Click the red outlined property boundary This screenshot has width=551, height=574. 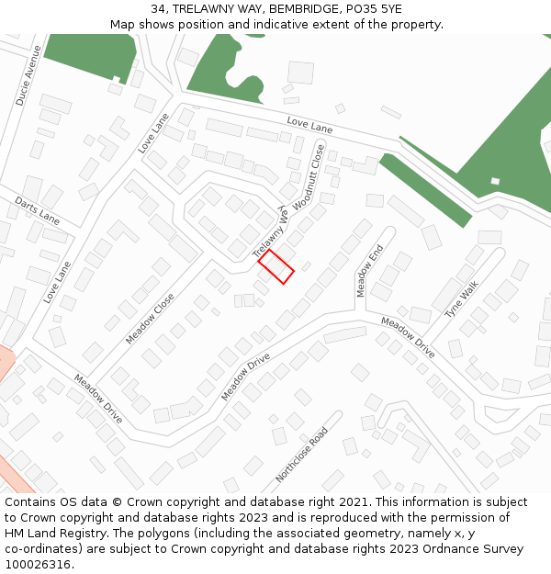[275, 266]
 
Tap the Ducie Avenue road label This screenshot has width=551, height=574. [29, 75]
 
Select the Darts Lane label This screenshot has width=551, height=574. [37, 210]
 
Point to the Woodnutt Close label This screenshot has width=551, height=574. [309, 177]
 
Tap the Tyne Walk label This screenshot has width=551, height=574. [461, 299]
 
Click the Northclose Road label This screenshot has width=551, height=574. [301, 455]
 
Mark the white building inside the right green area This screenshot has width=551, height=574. [495, 180]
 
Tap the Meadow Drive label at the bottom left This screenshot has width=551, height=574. [98, 398]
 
